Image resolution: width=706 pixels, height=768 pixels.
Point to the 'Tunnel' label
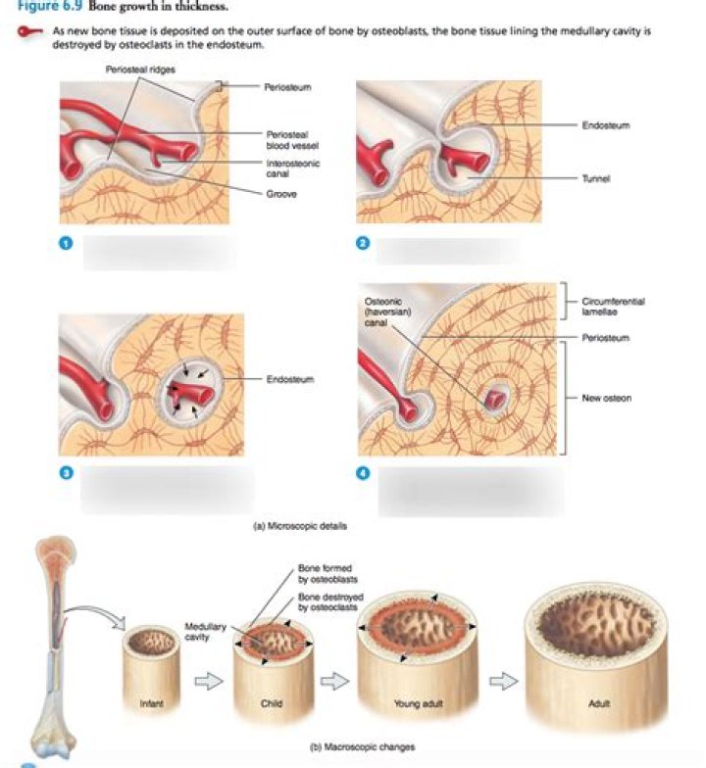(593, 178)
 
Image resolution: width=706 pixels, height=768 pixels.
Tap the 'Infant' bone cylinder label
(150, 702)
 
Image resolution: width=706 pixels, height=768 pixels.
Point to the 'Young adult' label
(406, 702)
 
